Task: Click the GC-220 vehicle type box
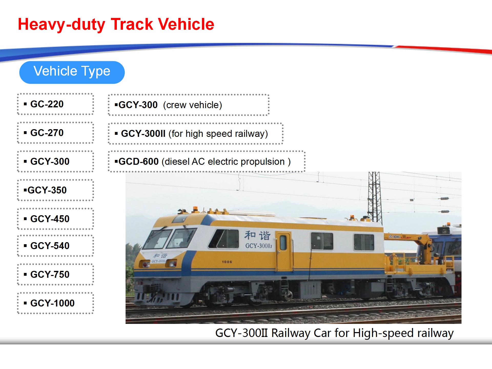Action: tap(55, 104)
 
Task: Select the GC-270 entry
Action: tap(55, 133)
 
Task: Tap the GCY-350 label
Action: tap(55, 190)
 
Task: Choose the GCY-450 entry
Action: tap(55, 219)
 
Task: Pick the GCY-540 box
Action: tap(55, 246)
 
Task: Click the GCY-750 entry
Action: tap(55, 274)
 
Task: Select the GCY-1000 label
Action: tap(55, 303)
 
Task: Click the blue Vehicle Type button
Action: tap(72, 72)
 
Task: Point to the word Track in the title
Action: tap(132, 24)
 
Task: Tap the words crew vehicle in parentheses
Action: tap(192, 105)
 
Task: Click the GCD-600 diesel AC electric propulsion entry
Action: tap(207, 161)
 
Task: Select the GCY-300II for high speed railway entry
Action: tap(196, 134)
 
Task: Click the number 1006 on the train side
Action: tap(227, 262)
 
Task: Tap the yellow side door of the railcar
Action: tap(283, 251)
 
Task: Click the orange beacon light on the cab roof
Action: tap(196, 209)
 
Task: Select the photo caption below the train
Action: tap(334, 333)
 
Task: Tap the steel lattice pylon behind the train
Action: tap(374, 197)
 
